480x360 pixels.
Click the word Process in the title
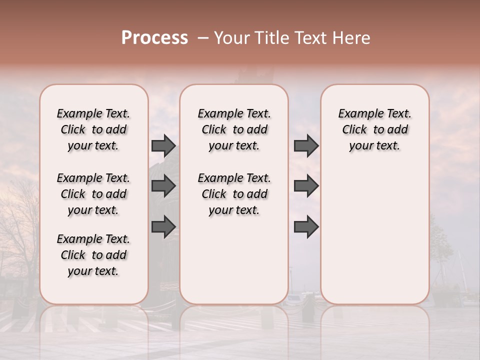pos(154,38)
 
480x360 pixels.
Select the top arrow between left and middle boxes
pos(163,145)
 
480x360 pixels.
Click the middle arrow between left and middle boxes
pos(163,186)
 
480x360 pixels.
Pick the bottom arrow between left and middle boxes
pos(163,227)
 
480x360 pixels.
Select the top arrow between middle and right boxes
pos(306,145)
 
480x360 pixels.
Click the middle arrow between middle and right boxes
pos(306,186)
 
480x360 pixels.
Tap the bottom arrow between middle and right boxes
pos(306,227)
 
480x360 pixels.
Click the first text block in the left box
pos(93,129)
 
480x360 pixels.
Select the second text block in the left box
pos(93,194)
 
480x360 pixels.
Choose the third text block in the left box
pos(93,255)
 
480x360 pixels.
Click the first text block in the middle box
pos(234,129)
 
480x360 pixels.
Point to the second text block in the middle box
pos(234,194)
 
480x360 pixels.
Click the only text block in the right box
pos(375,129)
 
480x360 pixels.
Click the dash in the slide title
pos(203,38)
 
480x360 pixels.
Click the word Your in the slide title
pos(230,38)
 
